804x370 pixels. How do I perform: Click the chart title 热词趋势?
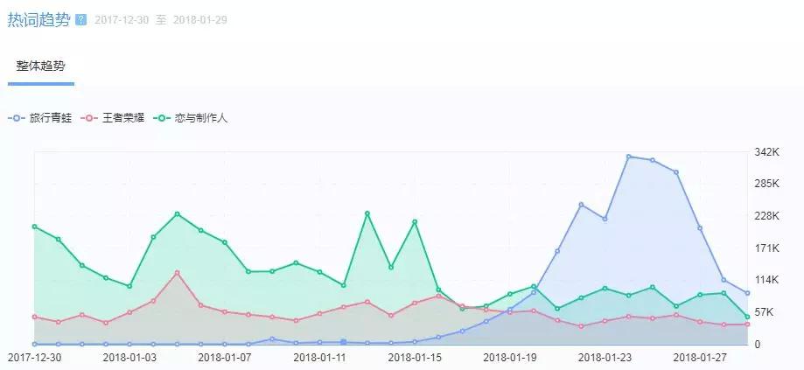(x=38, y=19)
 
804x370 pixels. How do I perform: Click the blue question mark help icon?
(x=81, y=19)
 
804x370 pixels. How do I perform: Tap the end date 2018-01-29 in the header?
(x=199, y=20)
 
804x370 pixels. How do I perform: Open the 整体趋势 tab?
(x=40, y=66)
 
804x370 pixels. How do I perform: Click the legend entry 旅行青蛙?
(x=49, y=117)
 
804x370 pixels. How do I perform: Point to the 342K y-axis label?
(x=766, y=152)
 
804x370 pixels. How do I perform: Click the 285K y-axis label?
(x=766, y=184)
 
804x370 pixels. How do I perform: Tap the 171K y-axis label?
(x=766, y=248)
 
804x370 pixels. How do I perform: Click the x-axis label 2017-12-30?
(x=35, y=357)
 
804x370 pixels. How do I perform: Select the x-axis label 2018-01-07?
(x=225, y=357)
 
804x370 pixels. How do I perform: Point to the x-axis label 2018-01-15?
(x=415, y=357)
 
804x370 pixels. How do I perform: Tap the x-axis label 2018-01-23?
(x=605, y=357)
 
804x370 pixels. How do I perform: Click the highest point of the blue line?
(x=628, y=157)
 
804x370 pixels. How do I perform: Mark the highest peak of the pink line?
(x=177, y=273)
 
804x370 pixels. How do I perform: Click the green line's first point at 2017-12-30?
(x=35, y=227)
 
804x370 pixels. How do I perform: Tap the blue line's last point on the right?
(x=747, y=294)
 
